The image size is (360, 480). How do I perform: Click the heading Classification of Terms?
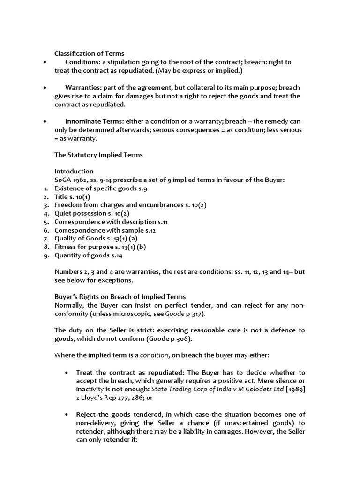tap(90, 53)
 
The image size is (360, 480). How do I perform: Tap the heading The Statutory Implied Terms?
tap(99, 154)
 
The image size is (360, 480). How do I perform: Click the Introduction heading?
tap(74, 171)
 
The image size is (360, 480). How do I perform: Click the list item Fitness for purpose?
tap(100, 247)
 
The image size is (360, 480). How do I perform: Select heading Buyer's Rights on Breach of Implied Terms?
tap(120, 297)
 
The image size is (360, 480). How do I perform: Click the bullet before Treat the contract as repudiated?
tap(67, 373)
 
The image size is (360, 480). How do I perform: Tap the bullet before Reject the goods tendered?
tap(67, 415)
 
